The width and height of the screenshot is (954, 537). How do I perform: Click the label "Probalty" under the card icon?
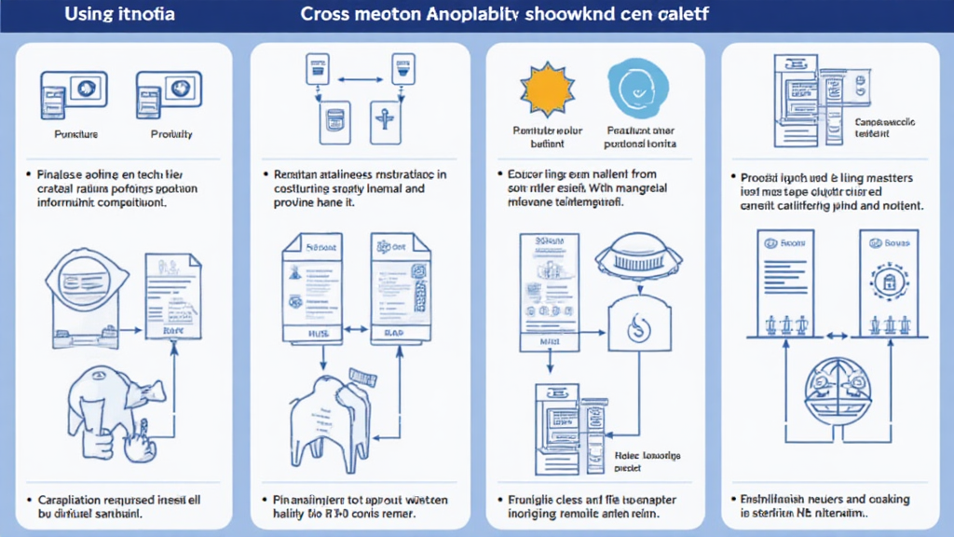pos(171,134)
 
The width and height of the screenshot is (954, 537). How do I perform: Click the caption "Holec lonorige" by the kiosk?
pos(649,455)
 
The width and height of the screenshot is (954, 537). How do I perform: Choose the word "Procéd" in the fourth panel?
pos(759,177)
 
